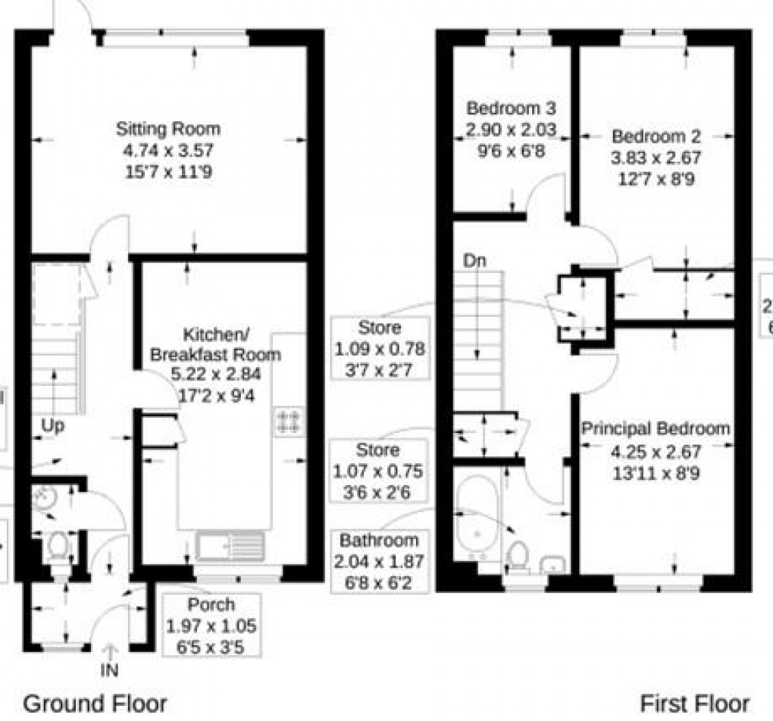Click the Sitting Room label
click(x=167, y=128)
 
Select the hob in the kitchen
click(x=289, y=422)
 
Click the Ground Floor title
click(x=95, y=703)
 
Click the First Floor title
click(x=695, y=703)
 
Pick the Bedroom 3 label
click(x=511, y=108)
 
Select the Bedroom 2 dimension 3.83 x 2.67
click(x=656, y=158)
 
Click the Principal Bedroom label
click(x=656, y=429)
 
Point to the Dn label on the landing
click(x=474, y=261)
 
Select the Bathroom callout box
click(x=379, y=561)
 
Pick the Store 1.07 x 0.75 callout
click(x=378, y=471)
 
